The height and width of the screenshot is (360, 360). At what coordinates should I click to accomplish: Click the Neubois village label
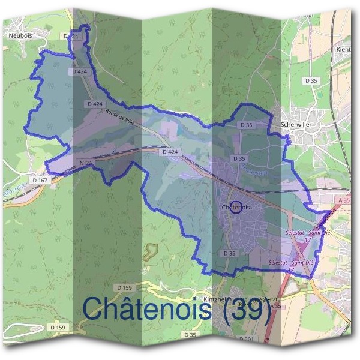pos(20,35)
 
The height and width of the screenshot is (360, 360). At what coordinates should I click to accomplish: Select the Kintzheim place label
pos(217,298)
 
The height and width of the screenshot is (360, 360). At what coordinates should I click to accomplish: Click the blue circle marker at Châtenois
pos(236,207)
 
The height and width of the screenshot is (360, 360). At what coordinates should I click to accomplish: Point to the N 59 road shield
pos(85,163)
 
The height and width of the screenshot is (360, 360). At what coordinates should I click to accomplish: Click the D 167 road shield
pos(40,180)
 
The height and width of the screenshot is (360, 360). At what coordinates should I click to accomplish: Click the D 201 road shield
pos(246,340)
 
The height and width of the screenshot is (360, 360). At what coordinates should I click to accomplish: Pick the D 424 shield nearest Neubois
pos(71,36)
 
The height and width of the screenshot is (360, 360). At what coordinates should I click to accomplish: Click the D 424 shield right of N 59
pos(170,152)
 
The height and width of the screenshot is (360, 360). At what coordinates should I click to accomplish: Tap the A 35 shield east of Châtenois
pos(343,200)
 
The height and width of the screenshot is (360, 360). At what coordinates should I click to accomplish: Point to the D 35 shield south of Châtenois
pos(229,253)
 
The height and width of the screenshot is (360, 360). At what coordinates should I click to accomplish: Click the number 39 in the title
pos(247,309)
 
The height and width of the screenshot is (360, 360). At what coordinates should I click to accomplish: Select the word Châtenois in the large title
pos(146,309)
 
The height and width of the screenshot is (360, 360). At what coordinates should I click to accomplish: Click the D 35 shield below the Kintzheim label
pos(190,334)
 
